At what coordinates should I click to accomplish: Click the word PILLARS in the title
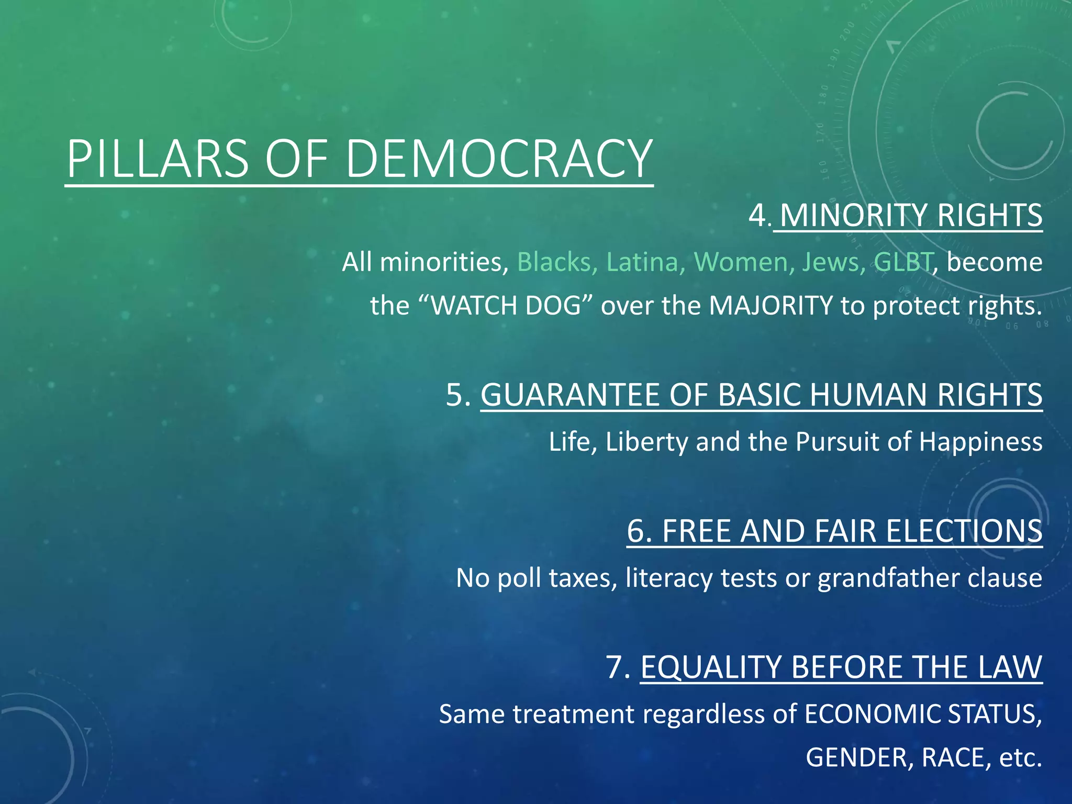pos(158,159)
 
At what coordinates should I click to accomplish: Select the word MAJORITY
pos(770,306)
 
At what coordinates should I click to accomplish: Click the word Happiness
pos(980,442)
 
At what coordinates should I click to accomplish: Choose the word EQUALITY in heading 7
pos(711,667)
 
